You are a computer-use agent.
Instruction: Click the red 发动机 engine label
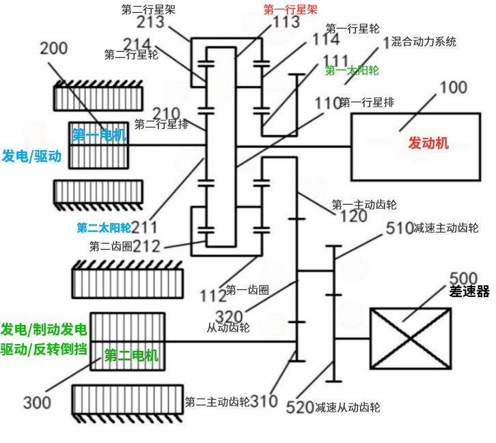tap(428, 143)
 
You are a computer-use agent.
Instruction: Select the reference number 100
tap(453, 87)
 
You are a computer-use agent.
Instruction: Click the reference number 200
tap(54, 48)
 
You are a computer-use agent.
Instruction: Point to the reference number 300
tap(37, 402)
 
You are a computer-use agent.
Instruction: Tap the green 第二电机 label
tap(130, 355)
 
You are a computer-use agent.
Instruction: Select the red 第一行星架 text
tap(290, 10)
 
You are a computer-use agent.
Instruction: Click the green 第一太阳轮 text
tap(352, 70)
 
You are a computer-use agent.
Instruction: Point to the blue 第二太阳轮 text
tap(103, 227)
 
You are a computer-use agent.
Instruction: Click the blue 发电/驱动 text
tap(31, 156)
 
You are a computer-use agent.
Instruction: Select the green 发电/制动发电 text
tap(44, 330)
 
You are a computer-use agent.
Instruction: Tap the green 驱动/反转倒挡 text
tap(44, 349)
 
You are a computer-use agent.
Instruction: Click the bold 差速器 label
tap(469, 291)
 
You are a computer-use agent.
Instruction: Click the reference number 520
tap(301, 408)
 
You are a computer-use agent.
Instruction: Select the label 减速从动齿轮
tap(348, 408)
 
